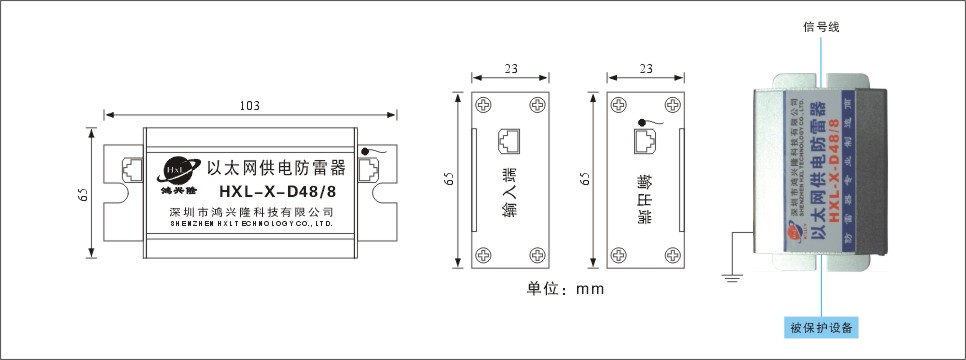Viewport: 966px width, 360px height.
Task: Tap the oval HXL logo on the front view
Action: [x=181, y=167]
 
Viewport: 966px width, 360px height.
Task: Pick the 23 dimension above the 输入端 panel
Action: [x=511, y=69]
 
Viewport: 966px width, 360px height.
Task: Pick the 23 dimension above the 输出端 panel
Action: [x=646, y=69]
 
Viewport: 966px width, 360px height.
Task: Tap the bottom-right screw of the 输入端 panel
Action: [x=537, y=256]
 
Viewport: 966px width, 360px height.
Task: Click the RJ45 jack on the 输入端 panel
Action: [x=508, y=142]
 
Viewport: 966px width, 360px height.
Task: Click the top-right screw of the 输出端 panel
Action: [x=671, y=104]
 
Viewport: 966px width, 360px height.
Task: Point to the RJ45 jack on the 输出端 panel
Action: [x=643, y=142]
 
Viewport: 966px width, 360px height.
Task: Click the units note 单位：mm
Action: [x=565, y=289]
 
